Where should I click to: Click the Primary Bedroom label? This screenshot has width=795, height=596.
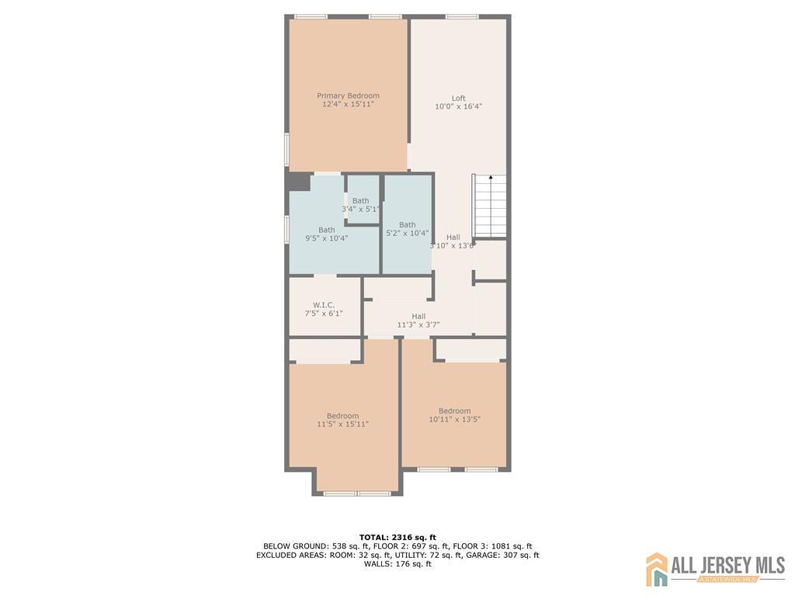(348, 95)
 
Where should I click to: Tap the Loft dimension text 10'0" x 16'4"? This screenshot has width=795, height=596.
(458, 106)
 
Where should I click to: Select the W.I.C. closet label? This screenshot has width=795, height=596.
(324, 305)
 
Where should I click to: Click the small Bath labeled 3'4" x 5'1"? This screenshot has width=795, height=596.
(360, 205)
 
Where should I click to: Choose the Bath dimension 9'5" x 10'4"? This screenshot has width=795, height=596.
(327, 238)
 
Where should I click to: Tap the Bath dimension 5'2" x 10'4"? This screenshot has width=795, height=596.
(407, 233)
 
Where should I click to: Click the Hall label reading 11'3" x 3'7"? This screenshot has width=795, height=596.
(418, 321)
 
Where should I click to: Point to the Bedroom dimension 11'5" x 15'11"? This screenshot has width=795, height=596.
(342, 424)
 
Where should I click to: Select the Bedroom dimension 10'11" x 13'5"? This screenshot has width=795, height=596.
(455, 419)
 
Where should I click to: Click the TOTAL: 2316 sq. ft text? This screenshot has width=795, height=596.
(397, 537)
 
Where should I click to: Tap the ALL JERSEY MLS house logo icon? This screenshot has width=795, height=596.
(657, 569)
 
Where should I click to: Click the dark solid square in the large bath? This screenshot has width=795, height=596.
(299, 182)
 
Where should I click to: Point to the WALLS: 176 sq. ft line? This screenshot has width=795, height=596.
(397, 563)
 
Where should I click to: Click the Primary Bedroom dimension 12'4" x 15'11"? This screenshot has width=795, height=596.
(348, 104)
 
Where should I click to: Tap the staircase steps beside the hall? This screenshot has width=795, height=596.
(489, 206)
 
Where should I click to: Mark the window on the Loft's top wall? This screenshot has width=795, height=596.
(462, 17)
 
